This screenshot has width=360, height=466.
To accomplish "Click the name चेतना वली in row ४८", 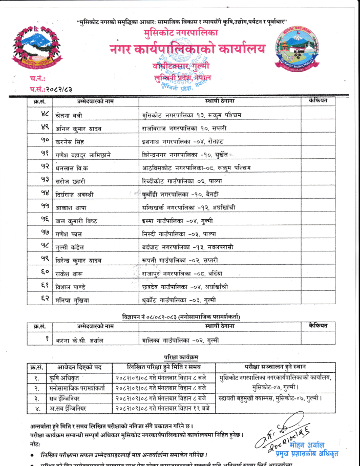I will click(68, 115).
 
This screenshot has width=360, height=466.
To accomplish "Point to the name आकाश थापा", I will click(71, 207).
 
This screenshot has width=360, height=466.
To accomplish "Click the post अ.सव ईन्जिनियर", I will click(71, 408).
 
